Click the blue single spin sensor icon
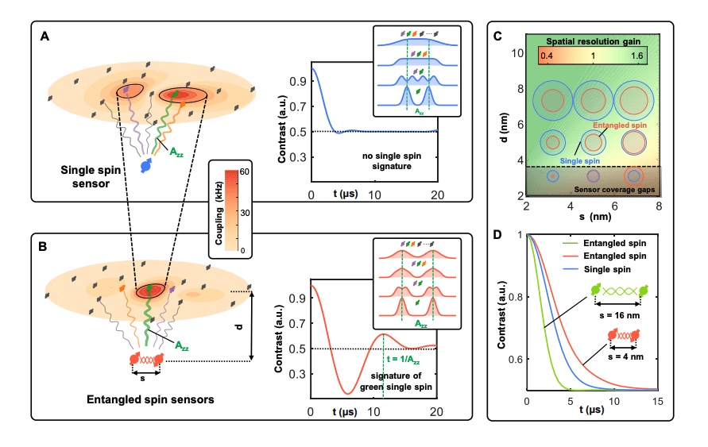click(146, 165)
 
